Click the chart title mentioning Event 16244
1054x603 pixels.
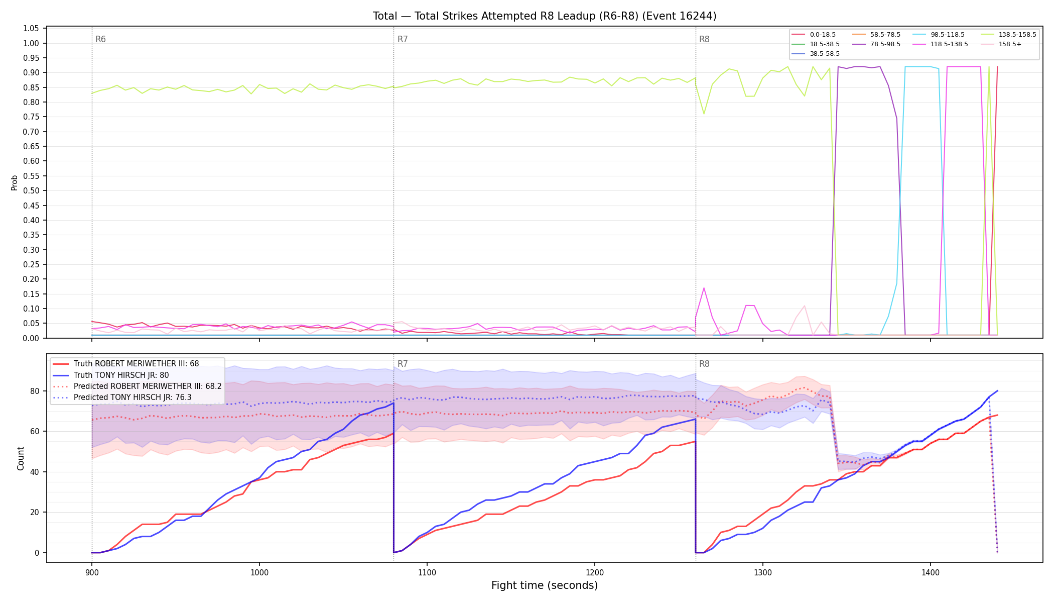(545, 16)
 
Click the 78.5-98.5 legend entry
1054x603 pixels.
(885, 44)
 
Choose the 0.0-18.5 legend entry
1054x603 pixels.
(823, 35)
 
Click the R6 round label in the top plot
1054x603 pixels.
(100, 39)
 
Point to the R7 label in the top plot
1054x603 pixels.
(403, 39)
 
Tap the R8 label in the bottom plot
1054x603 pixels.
(704, 364)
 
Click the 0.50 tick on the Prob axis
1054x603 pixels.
(31, 191)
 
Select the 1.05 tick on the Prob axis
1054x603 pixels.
(31, 29)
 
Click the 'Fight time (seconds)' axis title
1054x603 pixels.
(545, 585)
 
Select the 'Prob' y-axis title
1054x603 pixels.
(15, 182)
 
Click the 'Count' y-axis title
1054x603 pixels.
(21, 458)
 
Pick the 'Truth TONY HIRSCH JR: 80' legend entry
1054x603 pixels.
(121, 375)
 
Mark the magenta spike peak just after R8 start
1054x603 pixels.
(704, 288)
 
